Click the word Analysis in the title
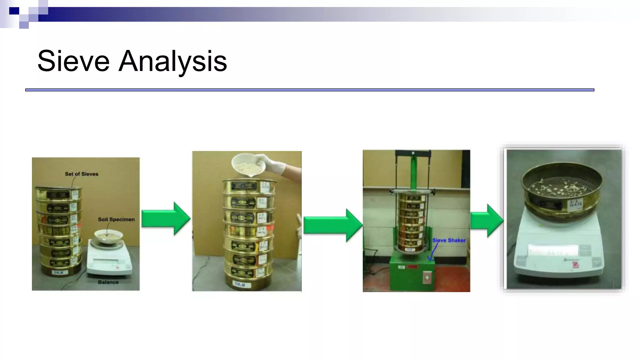coord(172,62)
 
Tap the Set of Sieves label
coord(81,174)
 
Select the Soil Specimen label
coord(116,219)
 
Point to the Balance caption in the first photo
coord(108,282)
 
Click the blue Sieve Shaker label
coord(449,240)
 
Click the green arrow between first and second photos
coord(166,218)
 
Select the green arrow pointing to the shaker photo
coord(332,225)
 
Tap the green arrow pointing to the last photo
coord(487,221)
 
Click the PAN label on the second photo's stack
coord(242,285)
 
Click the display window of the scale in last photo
coord(552,250)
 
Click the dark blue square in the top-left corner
coord(14,11)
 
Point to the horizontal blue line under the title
coord(309,90)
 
